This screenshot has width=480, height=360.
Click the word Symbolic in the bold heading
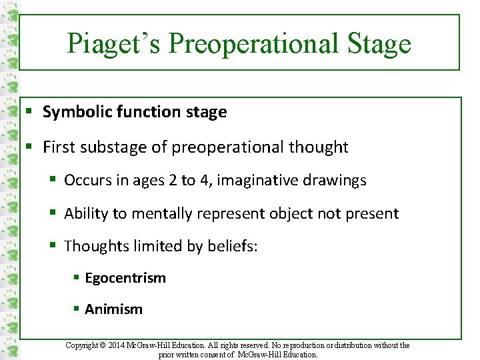tap(73, 112)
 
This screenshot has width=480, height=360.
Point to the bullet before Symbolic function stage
tap(29, 112)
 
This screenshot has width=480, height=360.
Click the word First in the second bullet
tap(57, 147)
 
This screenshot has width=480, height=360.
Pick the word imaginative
tap(259, 181)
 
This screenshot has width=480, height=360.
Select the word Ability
tap(85, 213)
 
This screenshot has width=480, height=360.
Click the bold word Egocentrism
tap(125, 278)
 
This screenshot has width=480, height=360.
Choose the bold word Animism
tap(113, 309)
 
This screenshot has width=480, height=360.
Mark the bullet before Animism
tap(77, 309)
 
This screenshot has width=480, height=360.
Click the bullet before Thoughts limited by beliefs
tap(56, 246)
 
